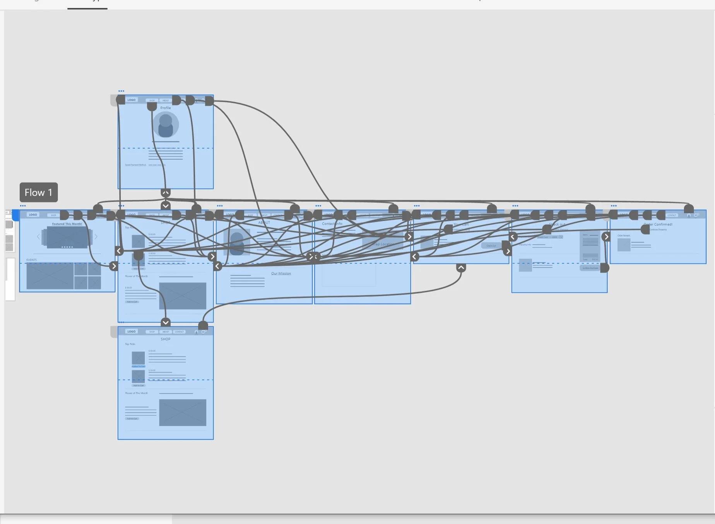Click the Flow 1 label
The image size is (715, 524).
tap(39, 192)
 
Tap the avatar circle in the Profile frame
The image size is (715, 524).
tap(166, 125)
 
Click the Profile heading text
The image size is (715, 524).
tap(166, 108)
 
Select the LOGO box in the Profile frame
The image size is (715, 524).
tap(132, 100)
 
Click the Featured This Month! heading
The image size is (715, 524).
tap(67, 224)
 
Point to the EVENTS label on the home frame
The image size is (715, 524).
tap(32, 260)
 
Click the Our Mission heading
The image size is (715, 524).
tap(281, 273)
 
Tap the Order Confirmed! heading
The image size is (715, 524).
tap(658, 224)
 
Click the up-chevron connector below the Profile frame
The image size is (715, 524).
tap(166, 192)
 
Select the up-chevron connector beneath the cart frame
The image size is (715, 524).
tap(461, 267)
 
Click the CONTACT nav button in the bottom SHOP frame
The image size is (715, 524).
tap(179, 332)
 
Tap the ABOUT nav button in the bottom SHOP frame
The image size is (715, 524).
tap(166, 332)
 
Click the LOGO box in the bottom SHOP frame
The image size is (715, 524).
tap(132, 331)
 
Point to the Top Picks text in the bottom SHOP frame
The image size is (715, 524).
tap(130, 344)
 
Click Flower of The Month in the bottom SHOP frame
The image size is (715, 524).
tap(136, 393)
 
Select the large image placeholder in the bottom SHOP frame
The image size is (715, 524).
tap(183, 412)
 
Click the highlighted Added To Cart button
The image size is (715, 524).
tap(138, 366)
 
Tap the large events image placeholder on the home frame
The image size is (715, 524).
tap(50, 276)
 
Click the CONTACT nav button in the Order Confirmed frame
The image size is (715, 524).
tap(672, 215)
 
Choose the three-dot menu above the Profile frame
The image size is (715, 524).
tap(121, 91)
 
